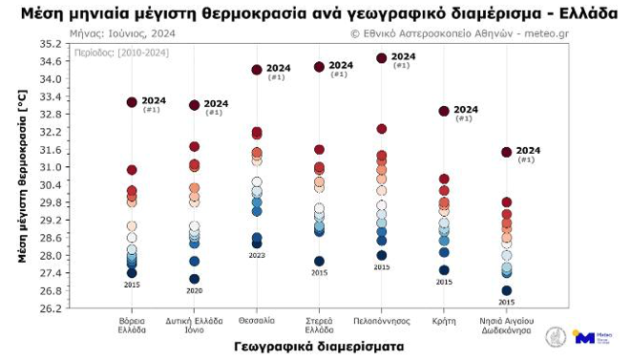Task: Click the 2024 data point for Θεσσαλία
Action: pos(257,70)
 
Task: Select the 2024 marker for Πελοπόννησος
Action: pos(382,58)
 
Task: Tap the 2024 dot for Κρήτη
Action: pos(444,111)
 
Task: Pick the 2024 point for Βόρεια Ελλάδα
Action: pos(132,102)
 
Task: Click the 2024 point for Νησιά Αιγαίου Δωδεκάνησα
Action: pos(507,152)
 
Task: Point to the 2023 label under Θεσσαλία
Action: pos(257,255)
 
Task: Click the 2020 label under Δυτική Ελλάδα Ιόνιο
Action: pos(195,290)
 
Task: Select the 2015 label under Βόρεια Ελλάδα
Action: pos(132,285)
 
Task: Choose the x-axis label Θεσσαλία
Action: pos(257,321)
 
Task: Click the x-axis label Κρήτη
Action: pos(444,321)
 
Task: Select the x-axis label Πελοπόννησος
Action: pos(382,321)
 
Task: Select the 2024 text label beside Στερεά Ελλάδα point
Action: pos(341,66)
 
